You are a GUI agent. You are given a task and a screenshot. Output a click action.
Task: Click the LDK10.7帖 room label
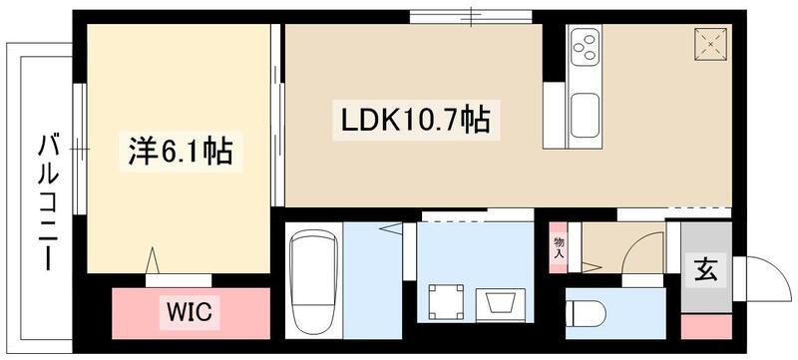pyautogui.click(x=415, y=123)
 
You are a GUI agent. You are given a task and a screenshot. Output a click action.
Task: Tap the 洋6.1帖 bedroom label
pyautogui.click(x=181, y=153)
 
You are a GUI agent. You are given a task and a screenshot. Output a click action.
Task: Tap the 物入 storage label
pyautogui.click(x=559, y=247)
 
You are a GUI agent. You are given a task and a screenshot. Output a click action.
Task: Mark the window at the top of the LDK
pyautogui.click(x=470, y=15)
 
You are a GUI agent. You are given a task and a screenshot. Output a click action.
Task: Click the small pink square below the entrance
pyautogui.click(x=706, y=328)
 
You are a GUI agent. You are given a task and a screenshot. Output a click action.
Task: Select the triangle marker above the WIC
pyautogui.click(x=153, y=260)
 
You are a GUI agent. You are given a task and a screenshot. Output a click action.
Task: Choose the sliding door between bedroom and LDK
pyautogui.click(x=278, y=120)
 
